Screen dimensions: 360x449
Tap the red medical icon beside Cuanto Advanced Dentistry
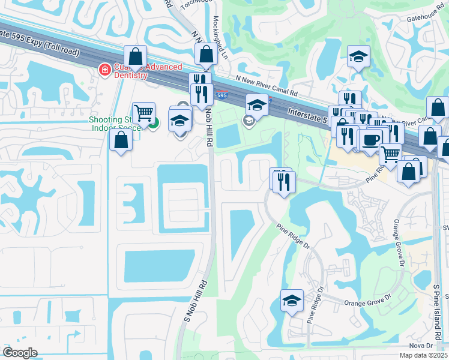(x=104, y=70)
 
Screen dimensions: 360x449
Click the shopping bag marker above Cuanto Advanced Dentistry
(x=136, y=58)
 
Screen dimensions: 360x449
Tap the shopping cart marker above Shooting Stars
(x=143, y=112)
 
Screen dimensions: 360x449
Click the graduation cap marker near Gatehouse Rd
(x=358, y=57)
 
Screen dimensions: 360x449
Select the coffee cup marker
(x=370, y=140)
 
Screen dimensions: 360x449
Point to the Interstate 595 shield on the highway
(x=222, y=95)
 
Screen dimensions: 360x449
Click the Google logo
(x=20, y=353)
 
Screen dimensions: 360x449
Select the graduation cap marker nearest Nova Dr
(x=292, y=301)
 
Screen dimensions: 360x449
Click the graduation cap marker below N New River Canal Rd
(x=257, y=105)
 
